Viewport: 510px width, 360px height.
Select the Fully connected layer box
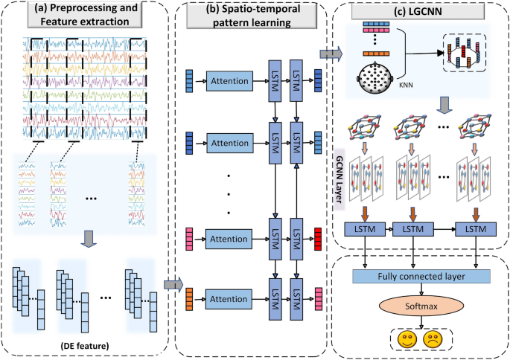421,276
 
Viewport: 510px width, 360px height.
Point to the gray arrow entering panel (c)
328,54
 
